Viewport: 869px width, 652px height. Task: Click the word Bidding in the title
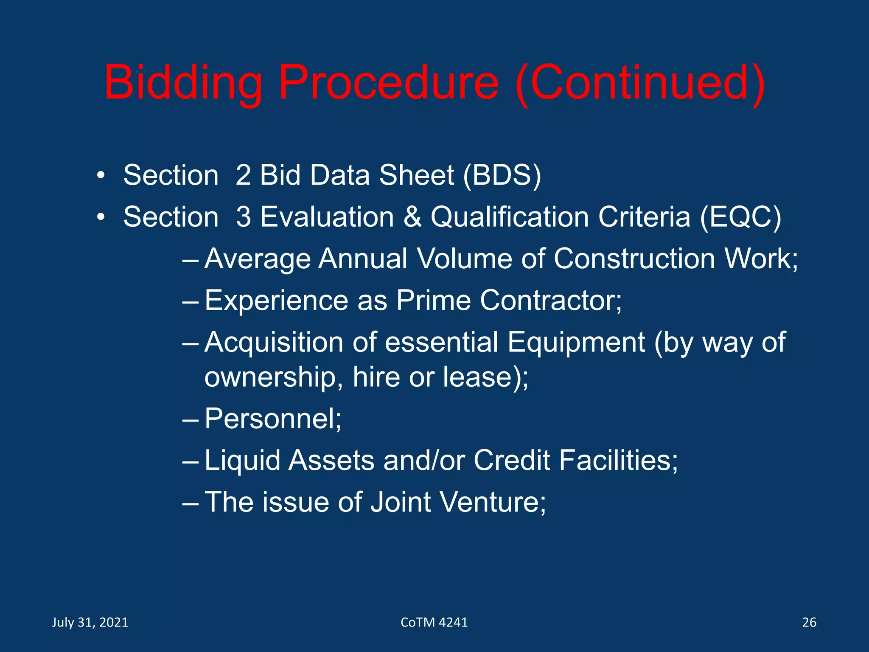click(183, 83)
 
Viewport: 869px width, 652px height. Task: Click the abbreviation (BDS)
click(502, 175)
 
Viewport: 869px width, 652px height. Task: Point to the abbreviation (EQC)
click(740, 217)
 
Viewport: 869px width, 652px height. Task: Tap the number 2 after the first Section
click(243, 175)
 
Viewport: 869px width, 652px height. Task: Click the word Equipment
click(576, 342)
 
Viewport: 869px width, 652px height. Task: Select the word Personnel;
click(273, 419)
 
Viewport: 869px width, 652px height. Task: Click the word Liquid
click(242, 461)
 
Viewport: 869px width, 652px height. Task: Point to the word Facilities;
click(618, 461)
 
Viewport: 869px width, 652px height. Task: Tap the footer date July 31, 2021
click(90, 622)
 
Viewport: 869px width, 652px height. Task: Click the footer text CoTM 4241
click(434, 622)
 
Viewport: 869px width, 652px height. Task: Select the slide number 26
click(809, 622)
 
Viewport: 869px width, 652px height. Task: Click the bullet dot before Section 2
click(100, 175)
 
